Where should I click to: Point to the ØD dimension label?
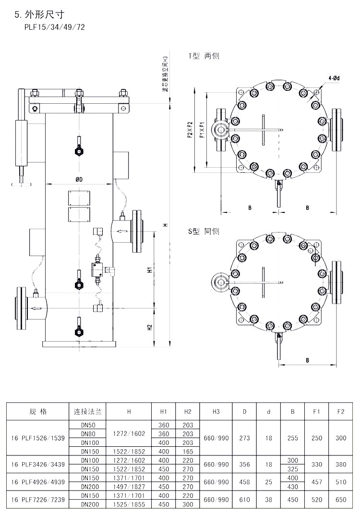pyautogui.click(x=79, y=179)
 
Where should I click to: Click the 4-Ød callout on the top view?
pyautogui.click(x=334, y=77)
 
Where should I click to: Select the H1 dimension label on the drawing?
pyautogui.click(x=150, y=270)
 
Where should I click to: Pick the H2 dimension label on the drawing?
pyautogui.click(x=150, y=327)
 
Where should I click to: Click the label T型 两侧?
pyautogui.click(x=204, y=56)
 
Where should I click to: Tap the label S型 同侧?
pyautogui.click(x=204, y=232)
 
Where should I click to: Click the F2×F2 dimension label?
pyautogui.click(x=190, y=130)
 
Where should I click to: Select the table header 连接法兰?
pyautogui.click(x=87, y=411)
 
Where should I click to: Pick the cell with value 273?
pyautogui.click(x=244, y=438)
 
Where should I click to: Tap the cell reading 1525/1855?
pyautogui.click(x=129, y=504)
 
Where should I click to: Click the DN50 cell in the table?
pyautogui.click(x=87, y=425)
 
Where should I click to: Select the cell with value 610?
pyautogui.click(x=244, y=500)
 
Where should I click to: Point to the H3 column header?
pyautogui.click(x=216, y=411)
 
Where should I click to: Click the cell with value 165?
pyautogui.click(x=188, y=451)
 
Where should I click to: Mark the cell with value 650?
pyautogui.click(x=341, y=500)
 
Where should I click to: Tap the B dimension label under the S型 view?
pyautogui.click(x=307, y=360)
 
